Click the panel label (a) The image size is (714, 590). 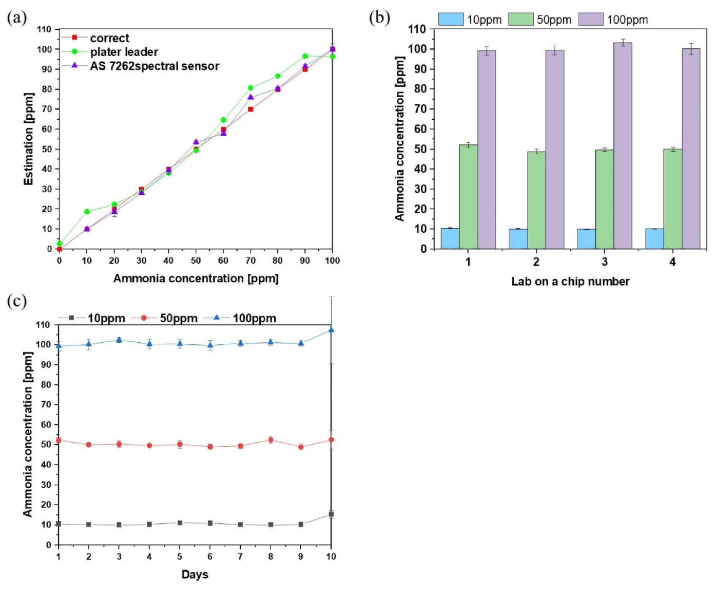pyautogui.click(x=16, y=18)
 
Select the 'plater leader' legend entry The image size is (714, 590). pyautogui.click(x=124, y=52)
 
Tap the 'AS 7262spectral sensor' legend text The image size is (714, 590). pyautogui.click(x=155, y=66)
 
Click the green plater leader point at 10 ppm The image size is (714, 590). pyautogui.click(x=87, y=211)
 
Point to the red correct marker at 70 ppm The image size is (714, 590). pyautogui.click(x=250, y=109)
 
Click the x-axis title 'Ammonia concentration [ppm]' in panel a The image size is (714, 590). pyautogui.click(x=196, y=279)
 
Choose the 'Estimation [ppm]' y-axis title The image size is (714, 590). pyautogui.click(x=29, y=139)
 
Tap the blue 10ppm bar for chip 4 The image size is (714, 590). pyautogui.click(x=654, y=239)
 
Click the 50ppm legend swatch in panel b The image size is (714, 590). pyautogui.click(x=520, y=20)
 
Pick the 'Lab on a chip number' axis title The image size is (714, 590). pyautogui.click(x=570, y=282)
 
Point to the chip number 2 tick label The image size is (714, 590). pyautogui.click(x=536, y=262)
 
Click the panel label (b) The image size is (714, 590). pyautogui.click(x=379, y=18)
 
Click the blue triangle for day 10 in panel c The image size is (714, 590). pyautogui.click(x=331, y=329)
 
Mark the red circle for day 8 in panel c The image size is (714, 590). pyautogui.click(x=271, y=440)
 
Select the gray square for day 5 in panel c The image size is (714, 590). pyautogui.click(x=180, y=523)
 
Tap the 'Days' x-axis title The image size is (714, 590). pyautogui.click(x=195, y=575)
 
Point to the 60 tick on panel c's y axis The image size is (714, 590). pyautogui.click(x=48, y=425)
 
